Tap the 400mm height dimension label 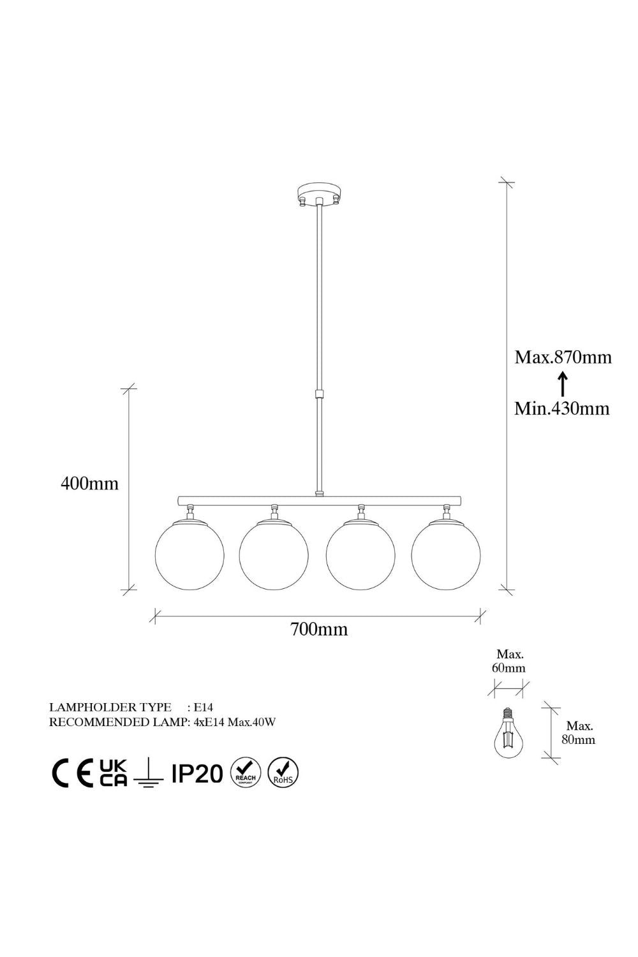pos(90,484)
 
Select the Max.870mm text pos(563,357)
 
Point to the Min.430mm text pos(561,409)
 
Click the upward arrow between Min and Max pos(563,383)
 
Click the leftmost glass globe pos(189,556)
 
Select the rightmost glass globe pos(446,556)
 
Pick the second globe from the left pos(274,556)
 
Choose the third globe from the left pos(360,556)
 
